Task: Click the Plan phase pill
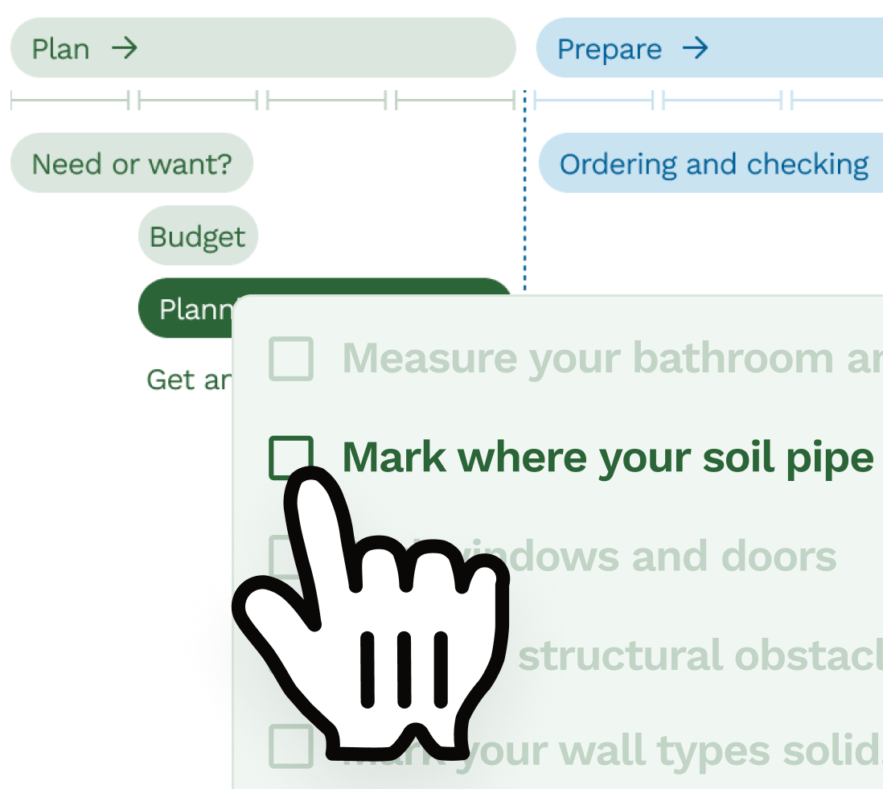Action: [x=262, y=48]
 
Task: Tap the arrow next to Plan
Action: [x=125, y=48]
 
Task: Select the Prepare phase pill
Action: [x=708, y=48]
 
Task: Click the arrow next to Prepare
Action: [x=695, y=48]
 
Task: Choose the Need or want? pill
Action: [x=132, y=164]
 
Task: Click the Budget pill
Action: [x=198, y=236]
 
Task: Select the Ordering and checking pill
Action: [x=711, y=164]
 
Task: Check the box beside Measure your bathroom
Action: [x=290, y=358]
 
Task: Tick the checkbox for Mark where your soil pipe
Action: [x=290, y=457]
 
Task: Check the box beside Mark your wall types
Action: [x=290, y=746]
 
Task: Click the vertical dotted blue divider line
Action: [x=524, y=201]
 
